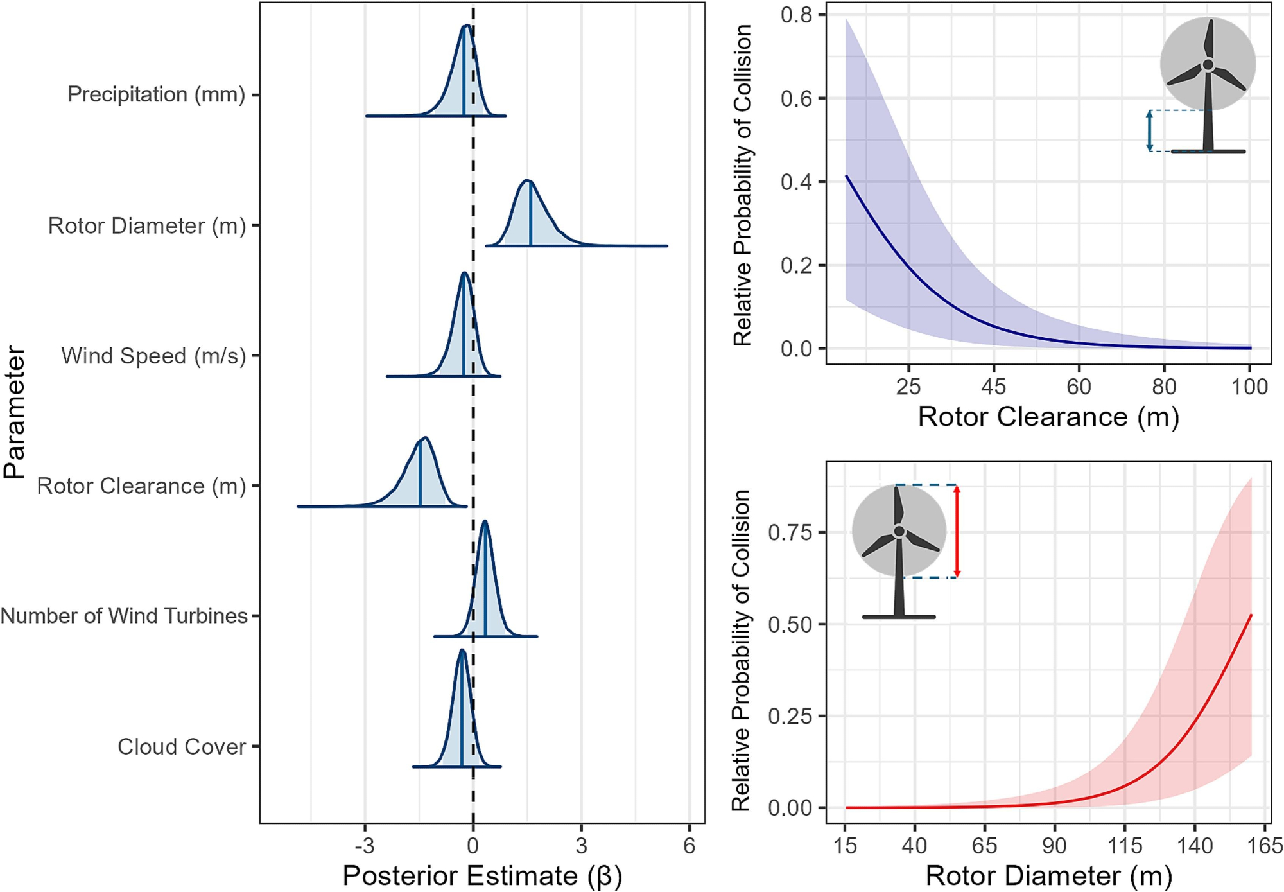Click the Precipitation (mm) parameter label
tap(156, 94)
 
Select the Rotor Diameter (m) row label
tap(147, 226)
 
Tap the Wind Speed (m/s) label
tap(153, 356)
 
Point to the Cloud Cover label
tap(182, 747)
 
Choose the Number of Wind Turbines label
tap(124, 616)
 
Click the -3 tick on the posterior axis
tap(365, 846)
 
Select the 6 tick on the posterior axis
tap(689, 846)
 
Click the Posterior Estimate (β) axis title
tap(482, 875)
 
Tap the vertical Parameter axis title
tap(14, 412)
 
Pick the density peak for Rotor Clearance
tap(424, 439)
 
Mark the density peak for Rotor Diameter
tap(527, 181)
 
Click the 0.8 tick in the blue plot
tap(795, 15)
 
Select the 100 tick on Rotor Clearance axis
tap(1249, 387)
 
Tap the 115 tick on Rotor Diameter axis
tap(1124, 846)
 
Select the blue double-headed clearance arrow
tap(1150, 131)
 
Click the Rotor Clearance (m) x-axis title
tap(1048, 417)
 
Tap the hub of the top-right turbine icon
tap(1208, 65)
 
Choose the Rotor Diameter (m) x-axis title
tap(1048, 875)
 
